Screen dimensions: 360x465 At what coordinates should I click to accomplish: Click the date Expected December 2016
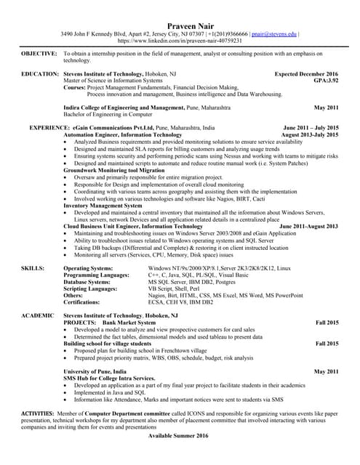pos(306,74)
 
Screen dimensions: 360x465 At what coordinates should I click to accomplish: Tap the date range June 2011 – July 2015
pos(311,127)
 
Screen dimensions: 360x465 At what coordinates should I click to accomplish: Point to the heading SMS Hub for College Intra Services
pos(109,379)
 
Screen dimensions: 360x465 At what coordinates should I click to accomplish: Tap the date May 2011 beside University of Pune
pos(326,371)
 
